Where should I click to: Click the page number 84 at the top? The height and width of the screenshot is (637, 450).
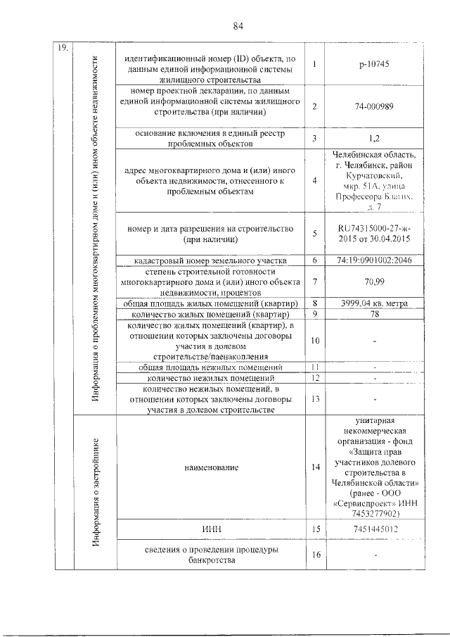[x=238, y=26]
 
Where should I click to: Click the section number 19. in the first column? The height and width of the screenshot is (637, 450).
[x=62, y=48]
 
